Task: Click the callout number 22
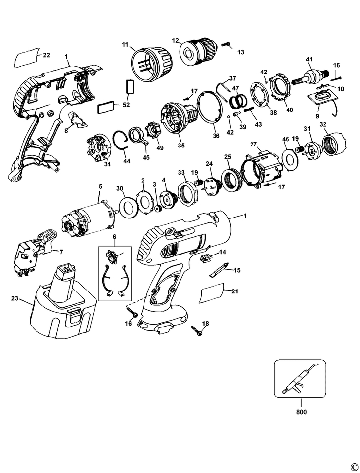[46, 55]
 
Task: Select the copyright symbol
[353, 466]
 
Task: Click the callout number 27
[254, 145]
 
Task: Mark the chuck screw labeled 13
[226, 45]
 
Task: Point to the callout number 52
[126, 105]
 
